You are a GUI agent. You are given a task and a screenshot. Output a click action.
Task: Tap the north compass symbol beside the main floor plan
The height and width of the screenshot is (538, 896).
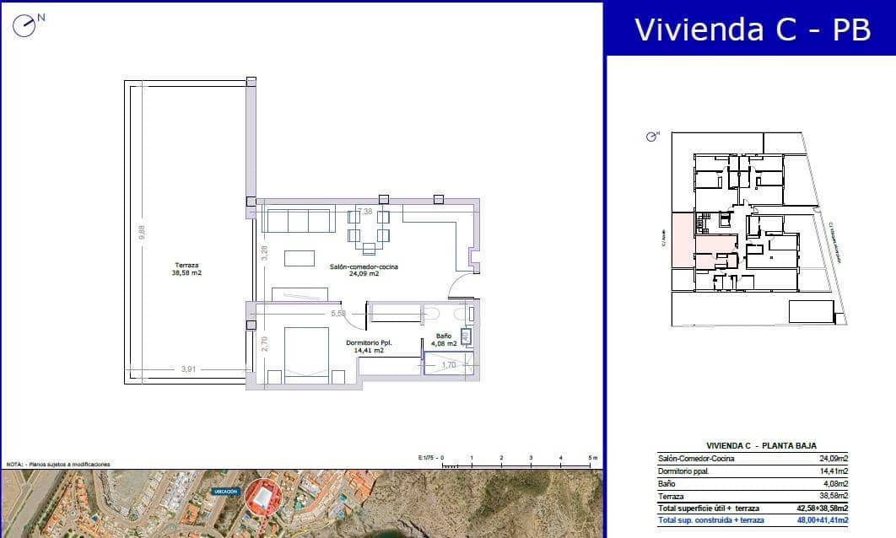click(x=28, y=24)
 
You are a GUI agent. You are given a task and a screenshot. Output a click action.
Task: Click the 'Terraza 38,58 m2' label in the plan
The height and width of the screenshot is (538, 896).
click(x=186, y=269)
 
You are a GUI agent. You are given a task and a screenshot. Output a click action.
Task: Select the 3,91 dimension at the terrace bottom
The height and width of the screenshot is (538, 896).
click(x=189, y=369)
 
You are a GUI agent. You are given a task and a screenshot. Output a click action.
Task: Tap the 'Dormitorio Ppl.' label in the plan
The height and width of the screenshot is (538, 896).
click(x=365, y=346)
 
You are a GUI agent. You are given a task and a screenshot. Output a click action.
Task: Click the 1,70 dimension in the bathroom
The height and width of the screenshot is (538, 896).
click(x=449, y=365)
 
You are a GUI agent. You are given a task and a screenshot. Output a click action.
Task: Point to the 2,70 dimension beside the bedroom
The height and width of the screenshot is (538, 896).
click(x=263, y=343)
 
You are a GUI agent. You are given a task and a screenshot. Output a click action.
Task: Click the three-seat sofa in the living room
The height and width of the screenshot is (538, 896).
click(x=296, y=221)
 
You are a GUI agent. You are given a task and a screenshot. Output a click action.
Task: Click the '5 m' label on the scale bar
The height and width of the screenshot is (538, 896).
click(x=592, y=457)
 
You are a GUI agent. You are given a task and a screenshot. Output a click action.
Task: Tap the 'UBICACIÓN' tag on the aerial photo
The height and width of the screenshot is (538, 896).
click(x=226, y=490)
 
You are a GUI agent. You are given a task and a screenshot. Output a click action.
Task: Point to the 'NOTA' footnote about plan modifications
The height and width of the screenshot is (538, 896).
click(x=59, y=465)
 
